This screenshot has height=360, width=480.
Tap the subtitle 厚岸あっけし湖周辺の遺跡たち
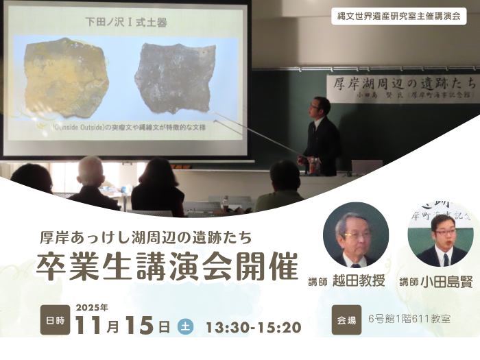147,238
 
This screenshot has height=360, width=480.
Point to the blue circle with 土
185,326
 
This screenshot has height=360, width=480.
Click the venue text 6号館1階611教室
409,320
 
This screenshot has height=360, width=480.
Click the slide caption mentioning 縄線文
123,127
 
